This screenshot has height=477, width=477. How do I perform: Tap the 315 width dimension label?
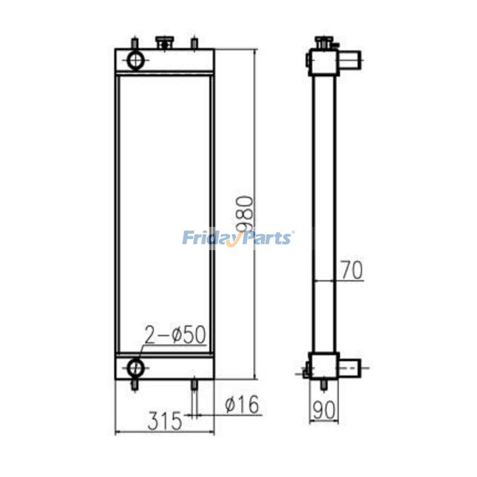[165, 421]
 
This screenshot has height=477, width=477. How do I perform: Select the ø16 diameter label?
[242, 405]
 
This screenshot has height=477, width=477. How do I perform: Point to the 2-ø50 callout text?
[175, 335]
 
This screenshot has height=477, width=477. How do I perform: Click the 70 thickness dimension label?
[351, 270]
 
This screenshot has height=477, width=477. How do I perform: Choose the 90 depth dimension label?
[324, 409]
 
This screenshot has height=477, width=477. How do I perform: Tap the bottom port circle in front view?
[136, 366]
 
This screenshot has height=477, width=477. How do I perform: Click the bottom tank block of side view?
[323, 365]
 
